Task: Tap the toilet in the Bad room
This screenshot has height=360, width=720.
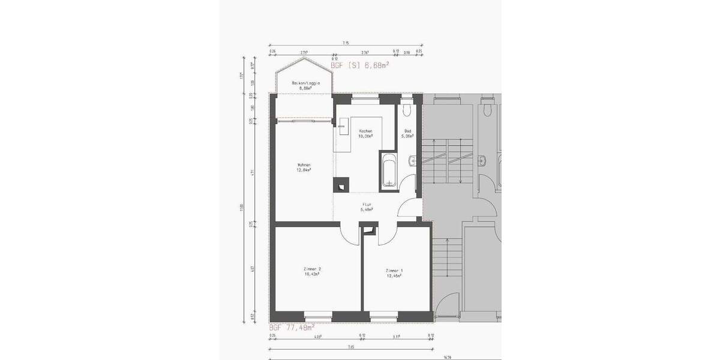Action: pos(407,109)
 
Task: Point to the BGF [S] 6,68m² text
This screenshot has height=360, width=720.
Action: pos(360,65)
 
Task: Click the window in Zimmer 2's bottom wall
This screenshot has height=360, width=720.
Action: pos(318,314)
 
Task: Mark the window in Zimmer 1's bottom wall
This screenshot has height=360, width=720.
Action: pos(384,314)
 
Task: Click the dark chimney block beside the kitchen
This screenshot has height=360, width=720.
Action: pos(341,185)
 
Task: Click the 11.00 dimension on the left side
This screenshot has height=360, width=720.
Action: pos(242,207)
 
